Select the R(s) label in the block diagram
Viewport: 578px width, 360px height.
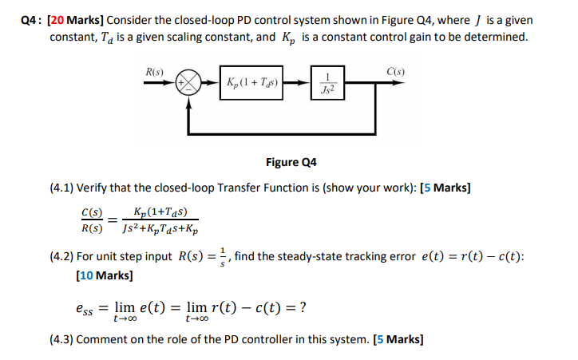point(156,72)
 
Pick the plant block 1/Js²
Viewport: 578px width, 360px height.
point(327,82)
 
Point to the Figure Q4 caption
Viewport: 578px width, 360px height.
point(291,162)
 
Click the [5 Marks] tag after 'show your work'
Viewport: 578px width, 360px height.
point(445,188)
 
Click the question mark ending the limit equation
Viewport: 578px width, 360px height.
point(304,307)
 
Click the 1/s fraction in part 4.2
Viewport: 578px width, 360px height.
point(223,256)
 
